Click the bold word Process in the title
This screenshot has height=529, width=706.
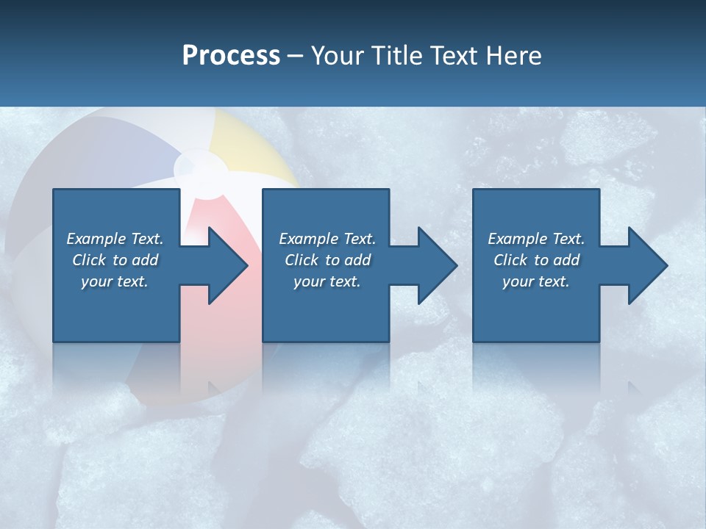pyautogui.click(x=231, y=55)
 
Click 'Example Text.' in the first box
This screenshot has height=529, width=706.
pyautogui.click(x=115, y=239)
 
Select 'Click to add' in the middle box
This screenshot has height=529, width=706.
pyautogui.click(x=327, y=260)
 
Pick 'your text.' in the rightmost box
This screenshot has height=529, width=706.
pyautogui.click(x=536, y=281)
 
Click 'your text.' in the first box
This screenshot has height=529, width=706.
pyautogui.click(x=115, y=281)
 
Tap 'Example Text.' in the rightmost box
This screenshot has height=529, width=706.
pyautogui.click(x=536, y=239)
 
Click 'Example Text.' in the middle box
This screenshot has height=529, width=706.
pyautogui.click(x=327, y=239)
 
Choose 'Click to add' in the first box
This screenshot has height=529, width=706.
pyautogui.click(x=115, y=260)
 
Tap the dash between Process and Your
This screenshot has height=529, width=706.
pyautogui.click(x=295, y=56)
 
